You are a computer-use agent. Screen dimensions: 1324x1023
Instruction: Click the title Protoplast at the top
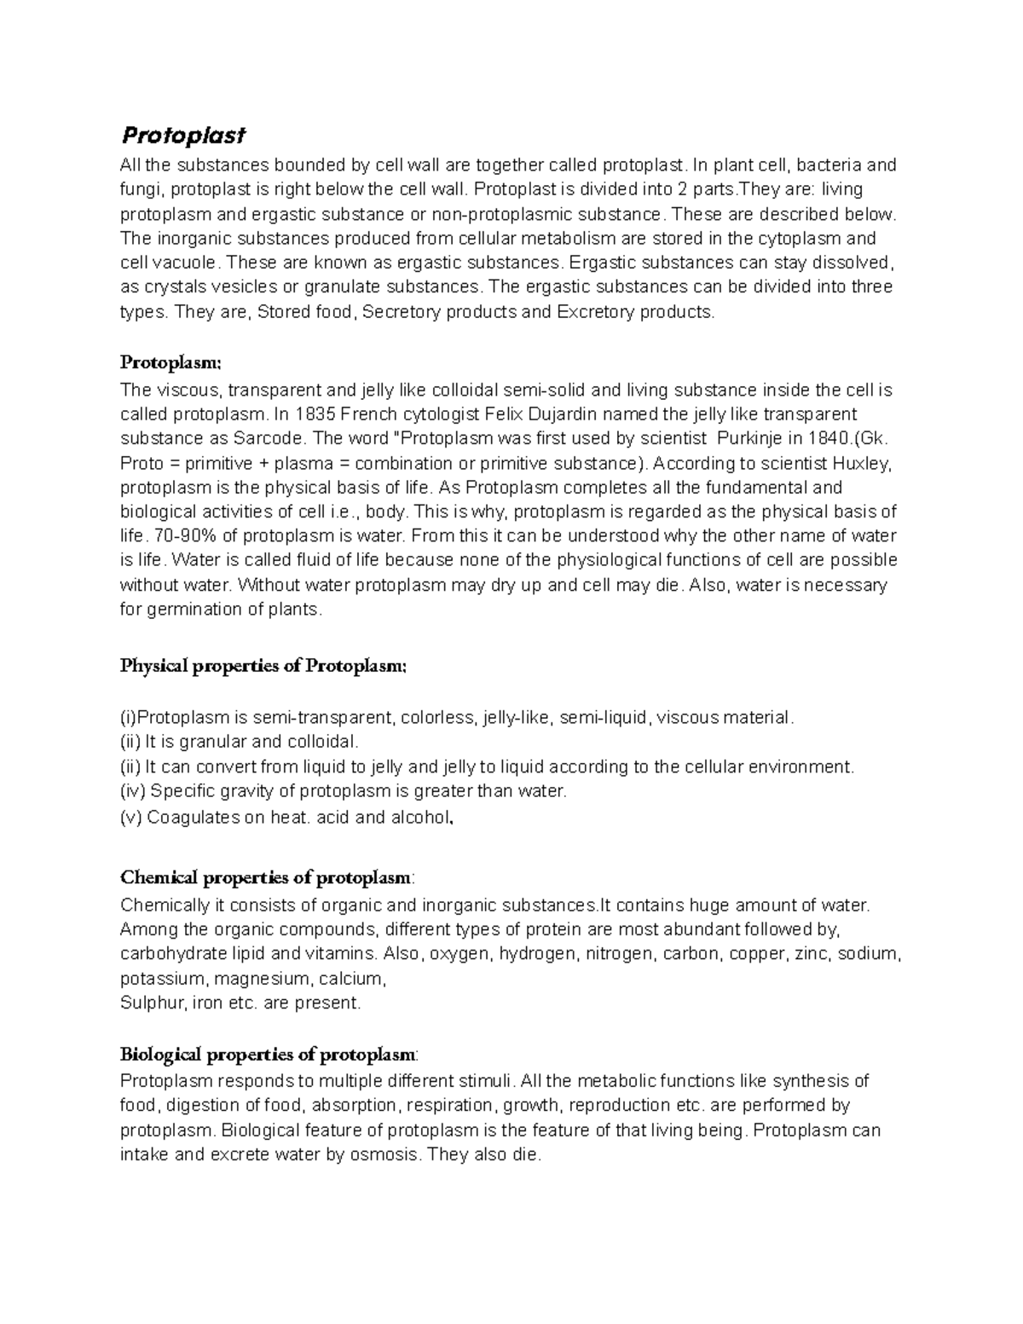182,135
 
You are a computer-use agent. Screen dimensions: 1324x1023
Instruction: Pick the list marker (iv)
133,791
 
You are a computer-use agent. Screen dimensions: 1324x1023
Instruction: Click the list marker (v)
131,817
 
